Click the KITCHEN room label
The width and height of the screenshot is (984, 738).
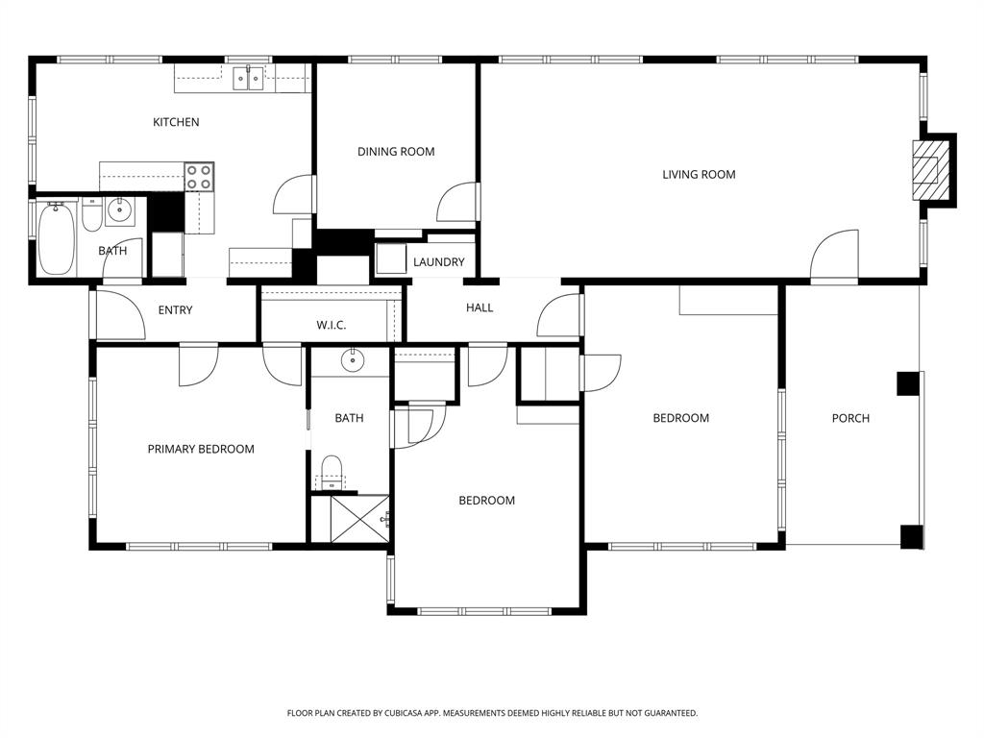(176, 122)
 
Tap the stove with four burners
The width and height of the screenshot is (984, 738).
(199, 176)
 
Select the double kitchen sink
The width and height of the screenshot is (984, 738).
(249, 79)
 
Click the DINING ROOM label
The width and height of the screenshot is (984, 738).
(396, 152)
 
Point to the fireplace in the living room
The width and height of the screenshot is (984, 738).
(928, 169)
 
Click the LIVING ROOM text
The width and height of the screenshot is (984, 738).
(699, 175)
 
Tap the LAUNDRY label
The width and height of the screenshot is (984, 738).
(438, 262)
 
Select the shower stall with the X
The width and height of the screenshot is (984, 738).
(359, 518)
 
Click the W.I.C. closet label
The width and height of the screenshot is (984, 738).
(331, 326)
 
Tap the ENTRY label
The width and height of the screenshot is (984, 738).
(175, 310)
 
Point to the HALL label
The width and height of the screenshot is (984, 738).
(480, 308)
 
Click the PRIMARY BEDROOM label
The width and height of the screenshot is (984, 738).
(201, 449)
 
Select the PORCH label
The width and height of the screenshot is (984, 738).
(850, 418)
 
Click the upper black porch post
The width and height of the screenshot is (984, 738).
(908, 383)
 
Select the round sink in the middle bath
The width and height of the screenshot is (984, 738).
(351, 361)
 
